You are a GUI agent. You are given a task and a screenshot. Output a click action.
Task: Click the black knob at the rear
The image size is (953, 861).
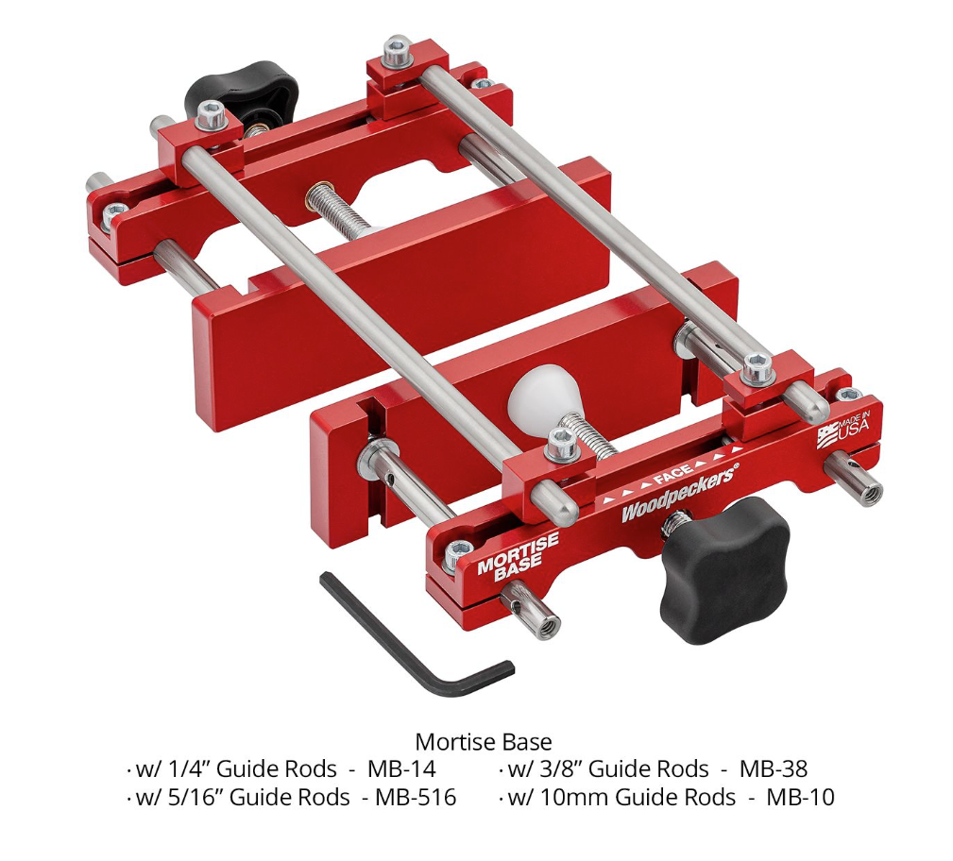click(241, 91)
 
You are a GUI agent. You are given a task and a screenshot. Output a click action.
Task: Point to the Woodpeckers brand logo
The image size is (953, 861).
click(679, 495)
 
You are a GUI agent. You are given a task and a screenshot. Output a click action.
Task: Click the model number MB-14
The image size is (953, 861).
click(401, 768)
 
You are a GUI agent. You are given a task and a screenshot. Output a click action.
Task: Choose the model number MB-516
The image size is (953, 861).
click(416, 798)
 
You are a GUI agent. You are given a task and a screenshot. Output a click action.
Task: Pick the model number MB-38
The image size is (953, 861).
click(774, 768)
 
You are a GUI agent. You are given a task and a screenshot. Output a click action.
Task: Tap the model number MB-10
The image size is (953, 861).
click(800, 798)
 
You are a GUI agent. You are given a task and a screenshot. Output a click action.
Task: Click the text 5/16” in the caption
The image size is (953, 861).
click(195, 798)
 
